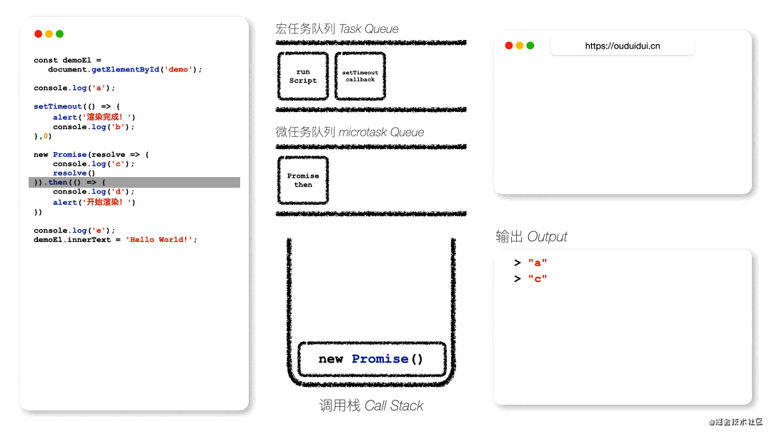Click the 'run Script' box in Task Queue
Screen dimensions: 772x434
pos(303,76)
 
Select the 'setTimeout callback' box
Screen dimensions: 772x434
pos(360,76)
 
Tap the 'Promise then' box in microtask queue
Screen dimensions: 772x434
pos(303,181)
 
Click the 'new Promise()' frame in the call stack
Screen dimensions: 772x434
pos(372,359)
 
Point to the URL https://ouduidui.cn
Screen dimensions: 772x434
pos(623,46)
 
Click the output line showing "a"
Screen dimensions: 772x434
pos(530,263)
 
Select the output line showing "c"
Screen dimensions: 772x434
pos(530,278)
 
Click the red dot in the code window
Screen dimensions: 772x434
pos(38,34)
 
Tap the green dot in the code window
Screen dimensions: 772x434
pos(59,34)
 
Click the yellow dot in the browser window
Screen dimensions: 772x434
pos(520,46)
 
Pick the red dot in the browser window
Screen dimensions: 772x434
pos(509,46)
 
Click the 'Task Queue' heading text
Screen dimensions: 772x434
pos(369,29)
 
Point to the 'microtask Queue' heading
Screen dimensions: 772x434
pos(381,132)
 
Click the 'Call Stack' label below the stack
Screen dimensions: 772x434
pos(394,405)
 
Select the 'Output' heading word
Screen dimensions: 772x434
pos(548,237)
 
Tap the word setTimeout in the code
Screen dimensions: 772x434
pos(58,106)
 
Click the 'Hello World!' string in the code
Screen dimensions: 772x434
pos(159,240)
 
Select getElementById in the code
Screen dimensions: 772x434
pos(125,69)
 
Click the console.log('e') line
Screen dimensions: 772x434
pos(74,231)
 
